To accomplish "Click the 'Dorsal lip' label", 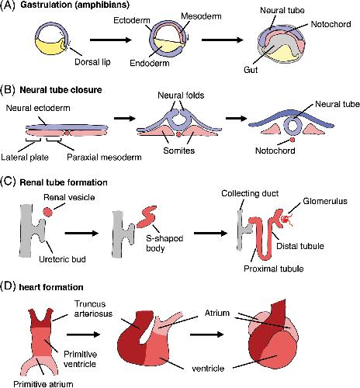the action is [x=92, y=62].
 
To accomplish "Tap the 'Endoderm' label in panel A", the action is [x=150, y=63].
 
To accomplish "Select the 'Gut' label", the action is [x=251, y=70].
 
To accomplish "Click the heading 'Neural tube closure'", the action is [x=61, y=90].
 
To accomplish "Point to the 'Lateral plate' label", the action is [x=25, y=158].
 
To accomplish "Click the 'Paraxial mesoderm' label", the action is [x=104, y=158].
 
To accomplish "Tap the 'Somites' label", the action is [x=178, y=151].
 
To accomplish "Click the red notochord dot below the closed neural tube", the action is [x=292, y=140].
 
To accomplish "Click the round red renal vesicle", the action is [x=48, y=212].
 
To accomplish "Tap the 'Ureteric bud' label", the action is [x=62, y=259].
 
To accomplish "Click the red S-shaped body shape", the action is [x=147, y=217].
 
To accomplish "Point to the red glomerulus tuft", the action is [x=286, y=220].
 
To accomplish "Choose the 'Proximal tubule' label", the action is [x=274, y=268].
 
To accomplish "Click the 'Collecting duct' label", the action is [x=250, y=193].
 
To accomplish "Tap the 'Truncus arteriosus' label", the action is [x=93, y=309].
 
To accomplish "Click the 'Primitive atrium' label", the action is [x=43, y=384].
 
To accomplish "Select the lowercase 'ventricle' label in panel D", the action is [x=208, y=369].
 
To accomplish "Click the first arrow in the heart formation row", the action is [x=83, y=334].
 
